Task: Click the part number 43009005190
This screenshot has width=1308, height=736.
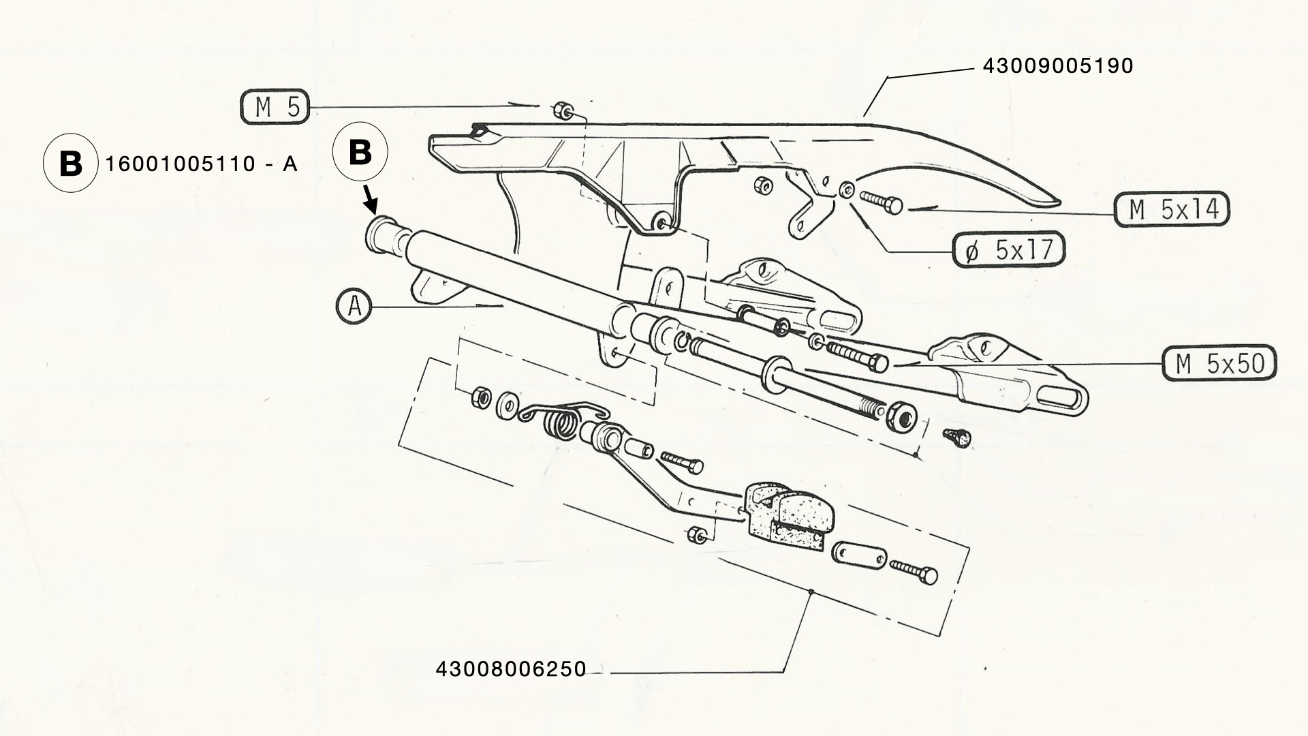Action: pos(1057,65)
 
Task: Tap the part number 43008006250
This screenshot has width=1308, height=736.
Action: pos(511,669)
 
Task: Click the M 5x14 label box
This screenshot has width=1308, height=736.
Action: pos(1172,209)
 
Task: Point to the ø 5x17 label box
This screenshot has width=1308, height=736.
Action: pos(1008,251)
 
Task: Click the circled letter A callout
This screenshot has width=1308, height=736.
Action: pos(354,307)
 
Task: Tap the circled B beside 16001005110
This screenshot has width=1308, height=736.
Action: pos(71,164)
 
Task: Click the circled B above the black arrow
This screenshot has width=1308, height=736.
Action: pos(360,153)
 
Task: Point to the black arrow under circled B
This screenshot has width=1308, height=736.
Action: pos(370,200)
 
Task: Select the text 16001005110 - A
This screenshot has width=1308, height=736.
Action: pos(202,164)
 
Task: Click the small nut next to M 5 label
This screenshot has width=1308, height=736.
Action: pos(563,110)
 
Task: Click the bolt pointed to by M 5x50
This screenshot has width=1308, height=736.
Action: pos(856,356)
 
